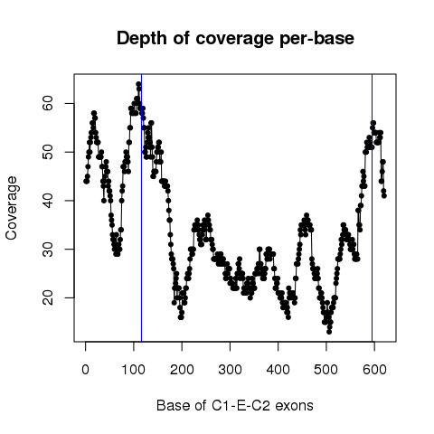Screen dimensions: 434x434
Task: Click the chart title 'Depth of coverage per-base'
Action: coord(235,39)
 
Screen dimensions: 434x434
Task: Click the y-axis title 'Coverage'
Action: coord(12,208)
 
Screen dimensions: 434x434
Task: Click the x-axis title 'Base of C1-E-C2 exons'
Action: coord(235,406)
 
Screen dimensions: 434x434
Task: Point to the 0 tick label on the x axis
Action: coord(85,370)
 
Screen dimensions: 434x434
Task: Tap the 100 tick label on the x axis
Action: coord(133,370)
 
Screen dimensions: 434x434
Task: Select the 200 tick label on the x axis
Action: coord(182,370)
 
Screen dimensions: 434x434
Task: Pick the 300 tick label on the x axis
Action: coord(230,370)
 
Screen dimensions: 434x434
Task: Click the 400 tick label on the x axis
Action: coord(278,370)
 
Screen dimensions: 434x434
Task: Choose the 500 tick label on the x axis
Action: coord(326,370)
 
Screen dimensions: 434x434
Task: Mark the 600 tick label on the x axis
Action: coord(374,370)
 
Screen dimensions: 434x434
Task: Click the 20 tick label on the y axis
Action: coord(48,297)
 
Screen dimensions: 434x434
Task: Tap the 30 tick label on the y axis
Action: coord(48,249)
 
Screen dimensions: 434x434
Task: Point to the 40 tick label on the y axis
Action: coord(48,201)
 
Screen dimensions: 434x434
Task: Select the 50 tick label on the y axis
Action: coord(48,152)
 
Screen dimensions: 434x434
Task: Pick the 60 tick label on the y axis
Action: coord(48,103)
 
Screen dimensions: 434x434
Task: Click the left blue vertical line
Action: coord(141,208)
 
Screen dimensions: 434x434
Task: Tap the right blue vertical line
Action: coord(373,208)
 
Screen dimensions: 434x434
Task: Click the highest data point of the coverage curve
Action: coord(138,84)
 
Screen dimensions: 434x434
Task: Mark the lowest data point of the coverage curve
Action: coord(329,332)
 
